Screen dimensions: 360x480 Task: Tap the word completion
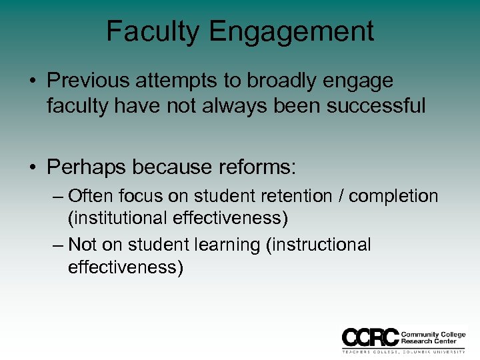point(393,197)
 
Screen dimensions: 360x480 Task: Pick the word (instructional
point(318,245)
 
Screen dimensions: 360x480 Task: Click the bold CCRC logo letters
point(370,337)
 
